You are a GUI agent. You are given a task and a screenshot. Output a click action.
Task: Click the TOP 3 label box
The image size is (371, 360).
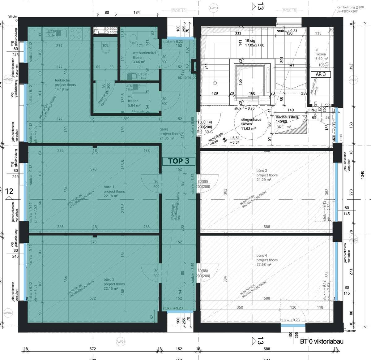(179, 161)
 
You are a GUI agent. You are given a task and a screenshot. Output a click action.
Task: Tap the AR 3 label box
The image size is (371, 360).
(321, 74)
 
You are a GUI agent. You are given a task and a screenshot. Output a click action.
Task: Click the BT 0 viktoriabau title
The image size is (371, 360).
(322, 342)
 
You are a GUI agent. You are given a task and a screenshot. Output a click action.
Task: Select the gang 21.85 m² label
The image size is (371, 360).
(170, 134)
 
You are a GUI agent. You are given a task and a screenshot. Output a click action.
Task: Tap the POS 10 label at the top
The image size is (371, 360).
(179, 11)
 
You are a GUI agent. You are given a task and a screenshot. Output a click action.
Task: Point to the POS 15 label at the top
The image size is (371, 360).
(289, 11)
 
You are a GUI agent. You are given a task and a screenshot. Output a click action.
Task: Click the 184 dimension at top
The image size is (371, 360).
(136, 13)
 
